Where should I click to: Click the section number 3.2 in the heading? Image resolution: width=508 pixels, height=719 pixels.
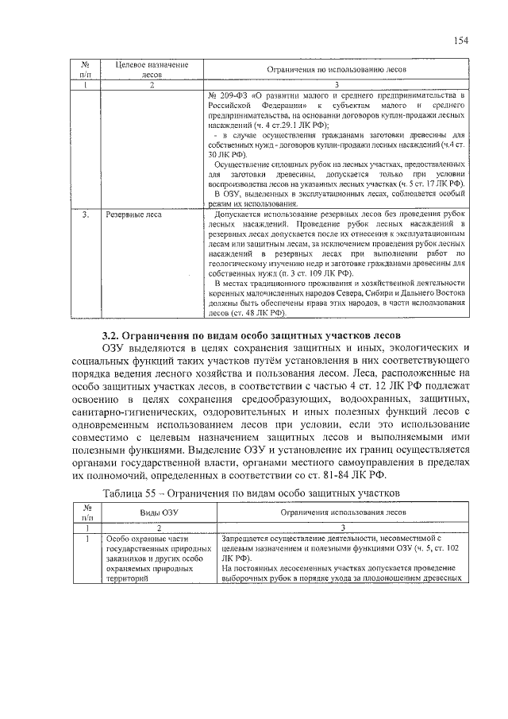[112, 331]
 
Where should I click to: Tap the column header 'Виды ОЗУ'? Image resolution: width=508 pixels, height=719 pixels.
[160, 512]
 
